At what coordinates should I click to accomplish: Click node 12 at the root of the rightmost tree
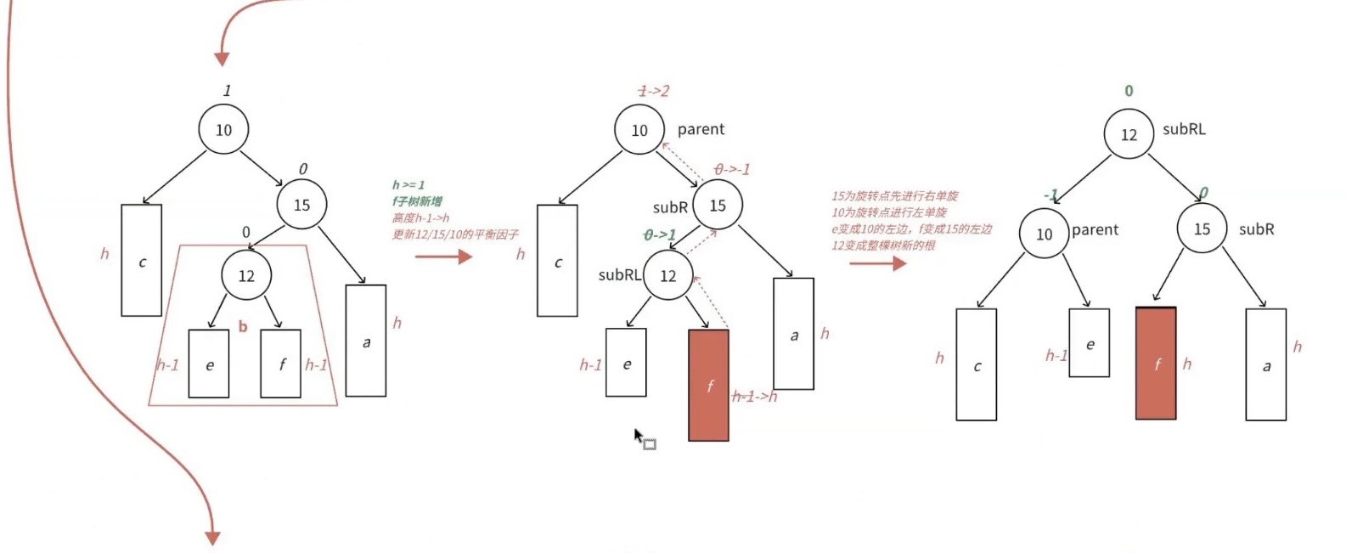[1128, 134]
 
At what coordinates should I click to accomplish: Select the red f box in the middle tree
[708, 386]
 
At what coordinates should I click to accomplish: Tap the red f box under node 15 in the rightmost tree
[1156, 364]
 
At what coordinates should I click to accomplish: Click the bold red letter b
[243, 326]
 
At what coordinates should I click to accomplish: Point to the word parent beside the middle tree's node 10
[701, 129]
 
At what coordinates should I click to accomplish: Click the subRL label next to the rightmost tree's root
[1184, 129]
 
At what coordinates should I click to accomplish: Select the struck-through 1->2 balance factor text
[653, 91]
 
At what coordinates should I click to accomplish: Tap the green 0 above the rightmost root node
[1129, 91]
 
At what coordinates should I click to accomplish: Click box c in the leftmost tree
[141, 261]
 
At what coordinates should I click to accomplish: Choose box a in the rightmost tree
[1265, 364]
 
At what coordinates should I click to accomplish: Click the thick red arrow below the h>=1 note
[442, 256]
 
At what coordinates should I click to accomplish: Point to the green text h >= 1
[408, 184]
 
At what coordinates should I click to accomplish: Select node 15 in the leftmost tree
[301, 205]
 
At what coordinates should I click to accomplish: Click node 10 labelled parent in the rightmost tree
[1044, 234]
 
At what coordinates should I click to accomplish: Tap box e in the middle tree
[626, 363]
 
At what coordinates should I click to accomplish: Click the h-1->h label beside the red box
[754, 396]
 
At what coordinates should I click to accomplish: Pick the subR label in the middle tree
[670, 207]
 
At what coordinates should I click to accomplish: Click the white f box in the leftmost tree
[280, 364]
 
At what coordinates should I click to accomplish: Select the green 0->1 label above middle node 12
[660, 234]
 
